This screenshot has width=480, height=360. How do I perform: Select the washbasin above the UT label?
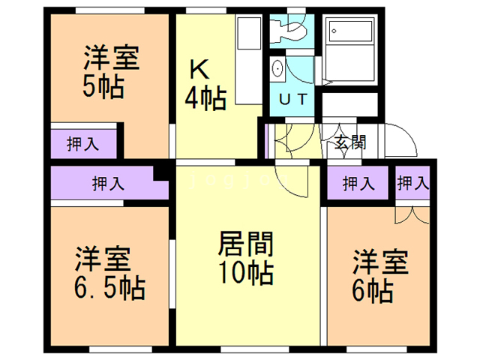277,68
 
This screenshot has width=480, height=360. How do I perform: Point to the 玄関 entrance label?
349,142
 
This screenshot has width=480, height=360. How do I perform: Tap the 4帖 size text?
205,98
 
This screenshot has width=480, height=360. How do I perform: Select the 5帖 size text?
103,87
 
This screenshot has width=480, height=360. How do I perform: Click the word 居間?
245,244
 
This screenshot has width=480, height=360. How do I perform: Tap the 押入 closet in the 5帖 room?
82,144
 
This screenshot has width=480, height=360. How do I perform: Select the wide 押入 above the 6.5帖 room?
109,183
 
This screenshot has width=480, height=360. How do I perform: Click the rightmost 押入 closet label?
412,182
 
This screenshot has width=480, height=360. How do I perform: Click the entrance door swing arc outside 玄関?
402,142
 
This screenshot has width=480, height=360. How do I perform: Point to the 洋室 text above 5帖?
111,58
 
